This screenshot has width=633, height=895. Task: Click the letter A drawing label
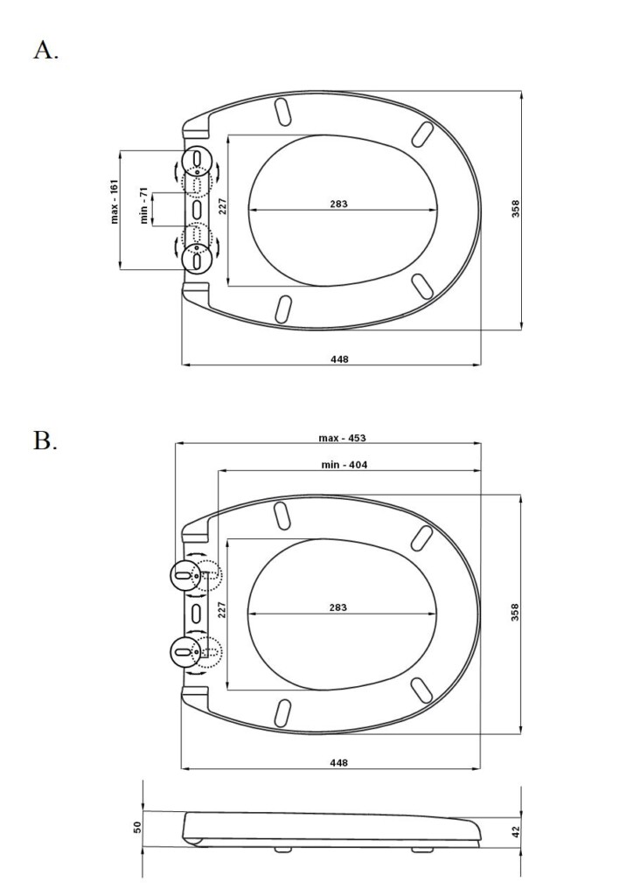(x=45, y=50)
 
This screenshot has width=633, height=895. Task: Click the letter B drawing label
(x=45, y=441)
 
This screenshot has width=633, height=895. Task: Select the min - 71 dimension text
(x=144, y=205)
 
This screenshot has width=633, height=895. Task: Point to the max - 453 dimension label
(x=342, y=438)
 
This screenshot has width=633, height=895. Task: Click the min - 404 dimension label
(x=344, y=465)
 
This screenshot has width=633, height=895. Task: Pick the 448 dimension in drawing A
(x=339, y=359)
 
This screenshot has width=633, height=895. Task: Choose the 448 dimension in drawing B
(x=338, y=762)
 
